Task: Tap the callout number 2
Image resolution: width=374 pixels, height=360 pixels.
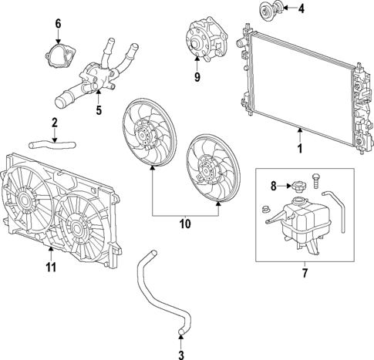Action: point(54,123)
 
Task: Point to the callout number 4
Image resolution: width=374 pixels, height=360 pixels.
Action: point(302,10)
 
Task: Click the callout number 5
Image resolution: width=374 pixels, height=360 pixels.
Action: point(99,110)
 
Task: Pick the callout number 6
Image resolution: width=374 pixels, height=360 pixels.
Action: point(57,23)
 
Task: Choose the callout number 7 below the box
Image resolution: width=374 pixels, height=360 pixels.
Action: point(304,273)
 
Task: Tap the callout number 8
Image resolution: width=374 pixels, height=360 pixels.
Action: point(273,185)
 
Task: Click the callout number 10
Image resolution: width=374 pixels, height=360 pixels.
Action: point(185,224)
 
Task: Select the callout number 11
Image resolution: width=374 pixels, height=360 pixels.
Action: point(52,267)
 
